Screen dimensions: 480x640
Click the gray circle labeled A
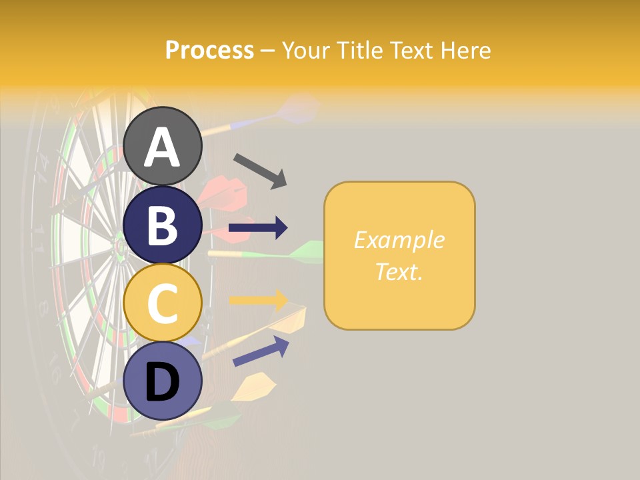[162, 146]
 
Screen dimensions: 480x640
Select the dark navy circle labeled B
[162, 225]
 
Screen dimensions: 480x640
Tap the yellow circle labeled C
[162, 303]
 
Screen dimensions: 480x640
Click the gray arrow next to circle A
[260, 170]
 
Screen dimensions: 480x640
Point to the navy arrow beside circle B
[258, 228]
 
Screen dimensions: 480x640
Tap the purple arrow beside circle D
[261, 351]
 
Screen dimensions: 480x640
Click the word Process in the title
[209, 50]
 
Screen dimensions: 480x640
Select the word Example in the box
[399, 240]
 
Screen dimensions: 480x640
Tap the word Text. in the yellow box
[399, 271]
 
